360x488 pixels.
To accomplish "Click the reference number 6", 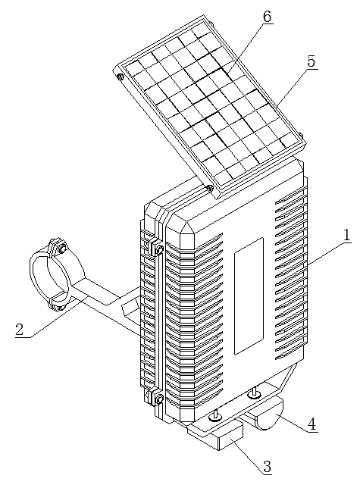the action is point(268,17).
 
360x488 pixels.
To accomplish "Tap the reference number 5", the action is point(311,62).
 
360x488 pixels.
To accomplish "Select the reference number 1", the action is point(347,236).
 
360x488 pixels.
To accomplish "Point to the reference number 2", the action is point(19,330).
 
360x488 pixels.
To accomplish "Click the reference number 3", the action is point(267,467).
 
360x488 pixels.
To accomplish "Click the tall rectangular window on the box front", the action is point(249,296).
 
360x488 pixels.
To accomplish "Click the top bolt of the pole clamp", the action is point(61,249).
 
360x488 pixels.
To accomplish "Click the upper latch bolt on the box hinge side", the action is point(160,249).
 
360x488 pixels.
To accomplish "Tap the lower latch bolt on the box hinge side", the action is point(160,399).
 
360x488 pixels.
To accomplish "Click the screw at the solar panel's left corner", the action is point(120,77).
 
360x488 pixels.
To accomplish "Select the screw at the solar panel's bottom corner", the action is point(210,188).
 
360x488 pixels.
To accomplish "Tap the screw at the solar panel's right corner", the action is point(301,136).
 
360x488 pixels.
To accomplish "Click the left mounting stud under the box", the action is point(215,416).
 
